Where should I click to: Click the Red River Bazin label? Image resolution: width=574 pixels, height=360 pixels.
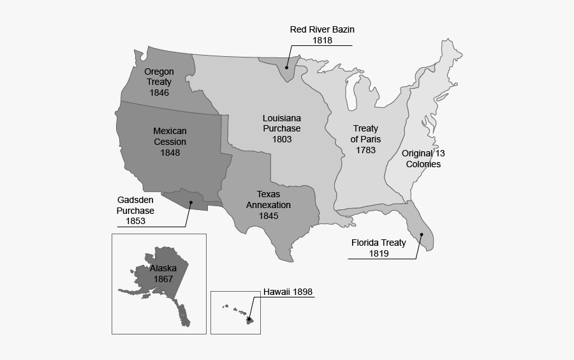(x=321, y=29)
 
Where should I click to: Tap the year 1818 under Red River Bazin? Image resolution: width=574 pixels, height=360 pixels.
(x=322, y=40)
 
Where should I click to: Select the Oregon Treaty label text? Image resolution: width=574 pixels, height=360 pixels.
(x=159, y=77)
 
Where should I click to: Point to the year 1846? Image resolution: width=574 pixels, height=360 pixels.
(x=159, y=93)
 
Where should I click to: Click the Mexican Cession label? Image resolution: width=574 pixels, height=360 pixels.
(x=170, y=136)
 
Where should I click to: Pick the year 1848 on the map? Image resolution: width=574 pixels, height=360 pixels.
(x=170, y=153)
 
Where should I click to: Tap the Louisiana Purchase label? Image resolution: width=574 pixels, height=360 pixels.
(x=282, y=123)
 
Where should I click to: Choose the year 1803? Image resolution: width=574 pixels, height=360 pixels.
(x=282, y=139)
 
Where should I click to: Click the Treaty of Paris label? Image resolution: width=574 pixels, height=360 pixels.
(x=365, y=133)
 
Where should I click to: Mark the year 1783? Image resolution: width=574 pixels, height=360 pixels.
(x=365, y=150)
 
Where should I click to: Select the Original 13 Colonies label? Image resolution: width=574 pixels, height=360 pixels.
(x=423, y=158)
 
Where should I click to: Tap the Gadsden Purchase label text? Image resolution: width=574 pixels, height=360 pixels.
(x=135, y=206)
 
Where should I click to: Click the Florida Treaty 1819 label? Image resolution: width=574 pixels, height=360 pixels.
(x=379, y=248)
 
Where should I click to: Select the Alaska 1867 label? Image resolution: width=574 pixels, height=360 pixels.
(x=163, y=273)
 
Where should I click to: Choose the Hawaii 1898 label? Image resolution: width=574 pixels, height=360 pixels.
(x=288, y=292)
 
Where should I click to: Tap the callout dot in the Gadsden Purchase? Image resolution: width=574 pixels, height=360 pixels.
(x=190, y=203)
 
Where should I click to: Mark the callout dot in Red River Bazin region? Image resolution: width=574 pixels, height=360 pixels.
(x=287, y=67)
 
